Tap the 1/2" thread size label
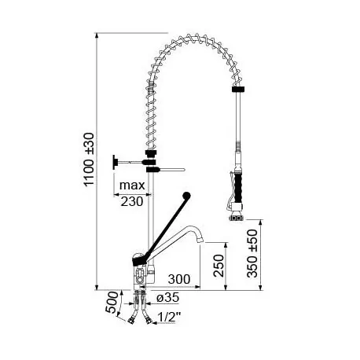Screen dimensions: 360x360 pyautogui.click(x=167, y=317)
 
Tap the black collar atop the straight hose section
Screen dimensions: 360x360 pyautogui.click(x=235, y=92)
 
